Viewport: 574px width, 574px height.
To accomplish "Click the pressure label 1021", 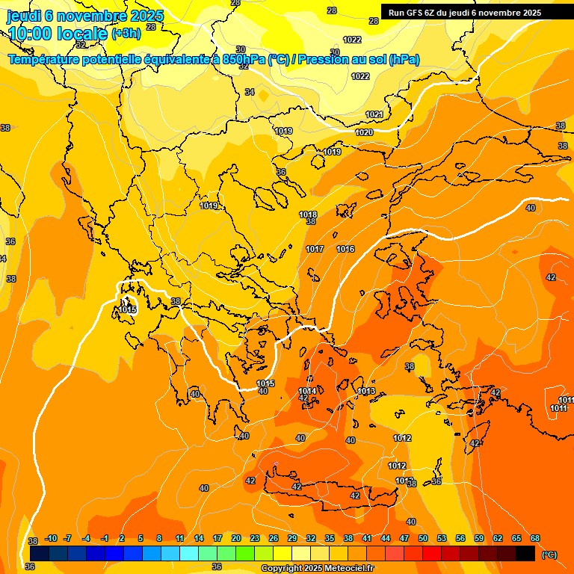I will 374,114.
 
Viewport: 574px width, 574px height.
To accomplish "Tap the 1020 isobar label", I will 364,132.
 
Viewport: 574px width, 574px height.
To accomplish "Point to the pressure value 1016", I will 345,249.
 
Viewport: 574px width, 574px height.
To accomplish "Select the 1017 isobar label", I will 315,249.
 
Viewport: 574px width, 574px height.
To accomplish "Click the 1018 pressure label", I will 308,215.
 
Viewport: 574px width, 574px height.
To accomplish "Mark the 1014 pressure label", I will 307,391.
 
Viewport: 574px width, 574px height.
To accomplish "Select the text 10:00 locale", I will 57,33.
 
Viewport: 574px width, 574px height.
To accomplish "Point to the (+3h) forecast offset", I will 125,34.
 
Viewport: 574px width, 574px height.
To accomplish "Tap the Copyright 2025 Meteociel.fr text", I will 317,569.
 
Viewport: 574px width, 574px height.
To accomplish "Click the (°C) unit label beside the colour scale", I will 549,555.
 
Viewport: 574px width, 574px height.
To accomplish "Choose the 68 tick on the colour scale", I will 535,538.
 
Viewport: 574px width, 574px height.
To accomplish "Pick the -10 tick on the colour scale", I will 51,538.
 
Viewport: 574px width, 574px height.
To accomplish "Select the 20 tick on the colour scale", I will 236,538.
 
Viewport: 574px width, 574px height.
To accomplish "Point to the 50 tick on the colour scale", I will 423,538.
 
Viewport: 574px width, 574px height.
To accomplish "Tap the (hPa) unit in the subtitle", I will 404,59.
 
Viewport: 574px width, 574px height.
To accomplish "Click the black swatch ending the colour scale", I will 525,553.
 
